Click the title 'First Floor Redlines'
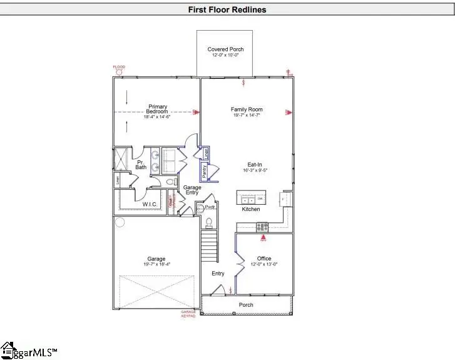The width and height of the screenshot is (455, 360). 227,9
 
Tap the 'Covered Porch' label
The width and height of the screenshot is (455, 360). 225,49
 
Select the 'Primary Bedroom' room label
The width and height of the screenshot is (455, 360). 157,109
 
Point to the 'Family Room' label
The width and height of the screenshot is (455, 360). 247,109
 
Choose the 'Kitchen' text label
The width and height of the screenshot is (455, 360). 250,209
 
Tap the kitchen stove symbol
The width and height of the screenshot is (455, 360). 262,226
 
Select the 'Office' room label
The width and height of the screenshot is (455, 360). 263,258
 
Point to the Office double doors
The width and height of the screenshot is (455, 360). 237,264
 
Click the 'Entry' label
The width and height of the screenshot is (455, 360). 218,273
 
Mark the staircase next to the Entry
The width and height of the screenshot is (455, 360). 209,247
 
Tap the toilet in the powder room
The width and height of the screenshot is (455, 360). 210,222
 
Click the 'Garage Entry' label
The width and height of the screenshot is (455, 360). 192,190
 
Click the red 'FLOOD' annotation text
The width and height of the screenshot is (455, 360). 119,67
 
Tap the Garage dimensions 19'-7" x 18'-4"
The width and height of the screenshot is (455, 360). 156,264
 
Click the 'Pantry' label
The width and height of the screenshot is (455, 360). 204,170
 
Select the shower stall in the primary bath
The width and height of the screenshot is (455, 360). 121,159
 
